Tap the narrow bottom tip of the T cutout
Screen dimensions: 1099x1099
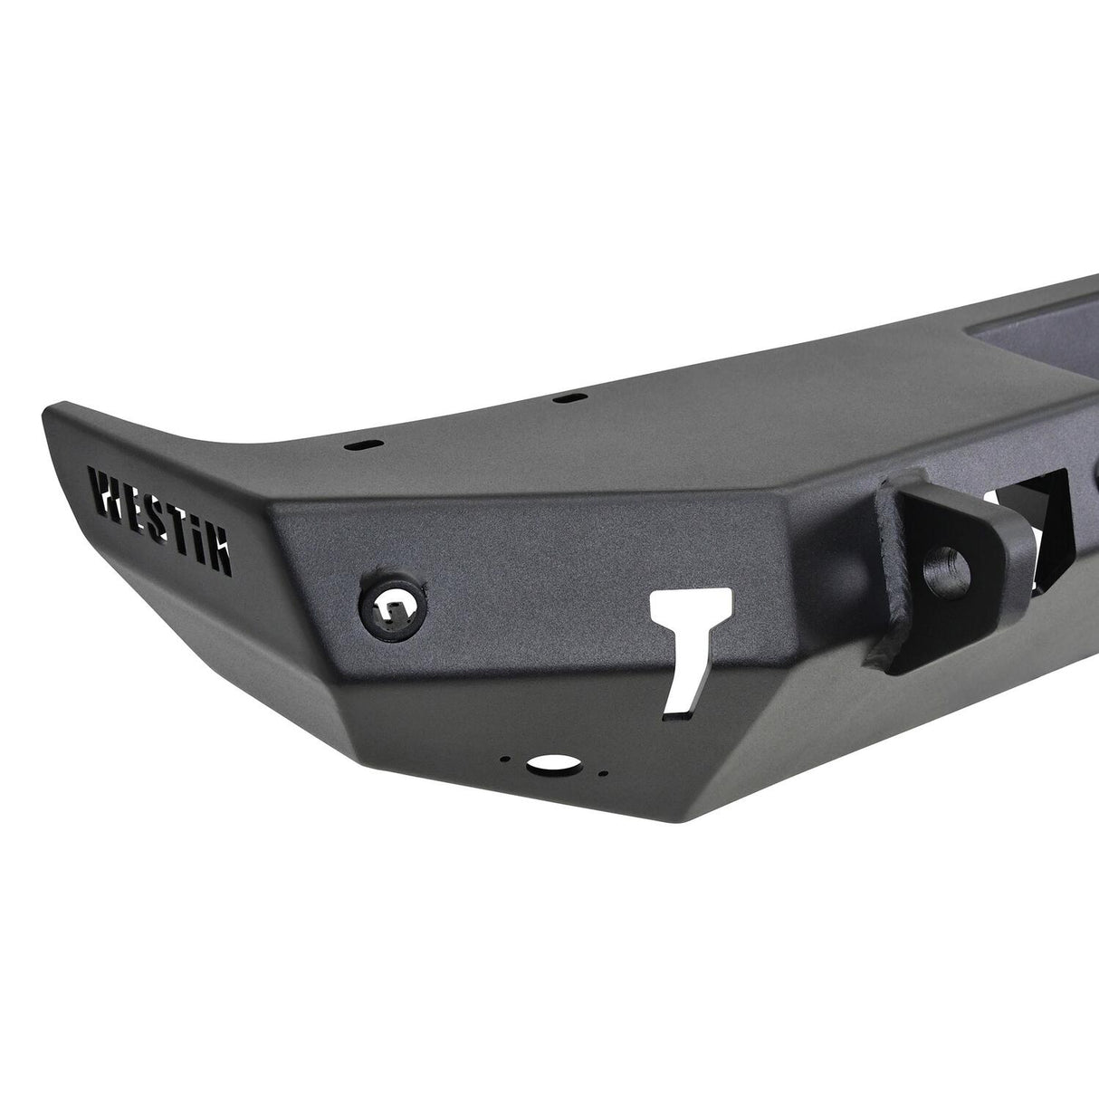coord(677,688)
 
